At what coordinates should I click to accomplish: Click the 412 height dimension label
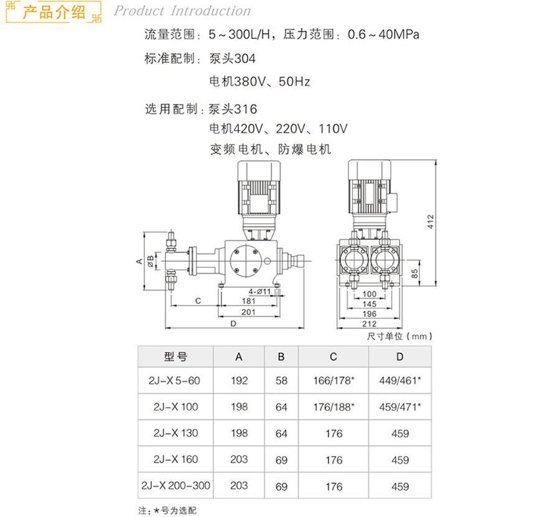click(430, 221)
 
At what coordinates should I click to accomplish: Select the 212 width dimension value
click(370, 323)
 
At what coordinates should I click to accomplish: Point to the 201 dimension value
click(248, 311)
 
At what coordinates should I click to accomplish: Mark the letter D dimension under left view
click(233, 323)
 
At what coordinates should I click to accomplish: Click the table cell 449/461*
click(400, 381)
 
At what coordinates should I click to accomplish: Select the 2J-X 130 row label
click(175, 433)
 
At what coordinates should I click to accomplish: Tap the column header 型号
click(175, 357)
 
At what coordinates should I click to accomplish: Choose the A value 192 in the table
click(239, 381)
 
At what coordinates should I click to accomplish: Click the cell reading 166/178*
click(334, 381)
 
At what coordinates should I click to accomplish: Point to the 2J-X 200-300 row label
click(175, 485)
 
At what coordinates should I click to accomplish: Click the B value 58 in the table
click(281, 381)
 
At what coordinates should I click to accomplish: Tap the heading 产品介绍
click(54, 12)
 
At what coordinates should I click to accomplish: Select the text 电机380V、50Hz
click(259, 81)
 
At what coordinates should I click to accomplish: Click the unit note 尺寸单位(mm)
click(399, 336)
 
